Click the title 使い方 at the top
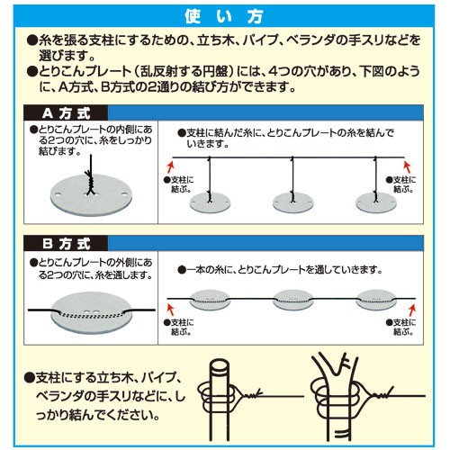click(x=224, y=16)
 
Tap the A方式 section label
click(x=66, y=113)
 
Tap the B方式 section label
click(x=66, y=244)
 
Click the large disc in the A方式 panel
click(x=91, y=196)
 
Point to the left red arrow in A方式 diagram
click(x=170, y=166)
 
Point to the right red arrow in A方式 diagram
click(x=407, y=166)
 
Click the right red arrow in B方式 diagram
click(x=412, y=310)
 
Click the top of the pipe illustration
click(x=220, y=365)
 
